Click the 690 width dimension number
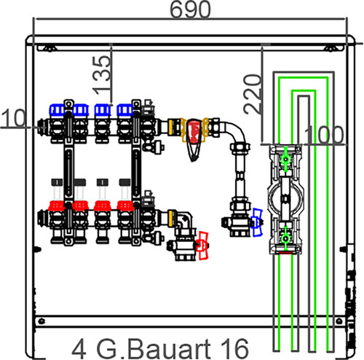tap(190, 9)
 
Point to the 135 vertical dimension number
tap(102, 75)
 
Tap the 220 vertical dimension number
tap(253, 94)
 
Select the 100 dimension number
tap(324, 135)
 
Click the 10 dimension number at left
tap(13, 118)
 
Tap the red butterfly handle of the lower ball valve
tap(202, 246)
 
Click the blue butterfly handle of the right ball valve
tap(257, 222)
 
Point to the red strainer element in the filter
tap(194, 131)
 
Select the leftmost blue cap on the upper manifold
tap(58, 110)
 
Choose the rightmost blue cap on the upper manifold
tap(124, 110)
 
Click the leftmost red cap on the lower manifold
tap(57, 206)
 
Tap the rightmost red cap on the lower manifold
tap(125, 206)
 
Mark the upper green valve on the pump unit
tap(285, 160)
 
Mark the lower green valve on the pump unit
tap(285, 238)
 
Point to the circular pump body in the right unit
tap(285, 198)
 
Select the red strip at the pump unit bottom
tap(285, 253)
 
